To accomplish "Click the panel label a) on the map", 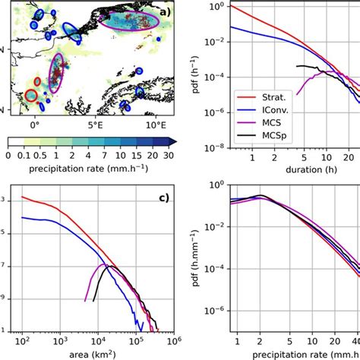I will coord(168,11).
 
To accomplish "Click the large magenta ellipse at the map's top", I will coord(130,24).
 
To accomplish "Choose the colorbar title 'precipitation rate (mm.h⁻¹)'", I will coord(93,168).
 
